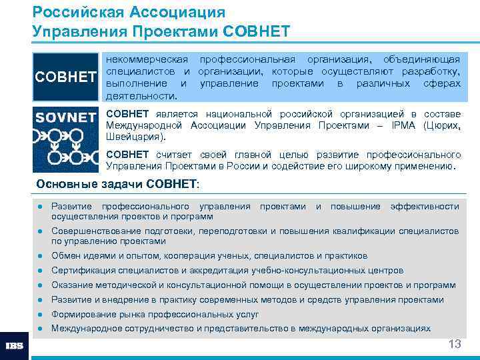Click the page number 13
455,344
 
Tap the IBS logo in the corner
15,347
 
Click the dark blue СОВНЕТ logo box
65,77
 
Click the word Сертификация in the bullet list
83,271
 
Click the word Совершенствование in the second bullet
98,231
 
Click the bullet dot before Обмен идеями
41,256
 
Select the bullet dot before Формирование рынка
41,314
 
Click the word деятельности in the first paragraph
141,96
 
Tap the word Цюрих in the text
441,126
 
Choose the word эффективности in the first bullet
424,207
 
